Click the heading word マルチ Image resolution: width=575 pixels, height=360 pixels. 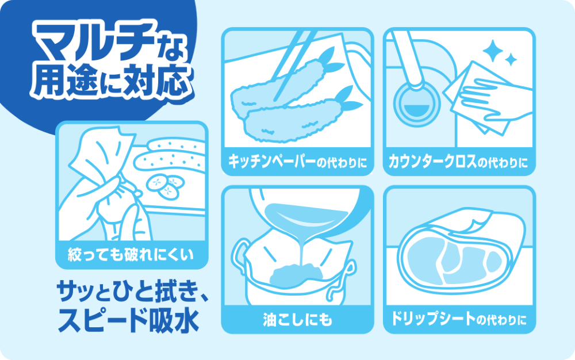[x=94, y=41]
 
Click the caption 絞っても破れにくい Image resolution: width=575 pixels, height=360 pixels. [x=131, y=254]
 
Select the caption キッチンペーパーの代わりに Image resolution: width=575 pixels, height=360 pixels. [x=297, y=161]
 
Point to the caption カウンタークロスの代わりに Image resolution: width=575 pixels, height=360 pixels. [x=458, y=161]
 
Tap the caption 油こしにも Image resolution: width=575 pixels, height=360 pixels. [x=297, y=319]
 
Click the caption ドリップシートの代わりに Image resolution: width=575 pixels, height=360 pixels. [x=459, y=319]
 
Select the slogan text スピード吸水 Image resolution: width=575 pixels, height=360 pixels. [x=129, y=320]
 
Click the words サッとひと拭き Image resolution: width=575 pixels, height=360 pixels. [x=129, y=292]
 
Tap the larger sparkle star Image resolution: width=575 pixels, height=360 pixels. [x=493, y=51]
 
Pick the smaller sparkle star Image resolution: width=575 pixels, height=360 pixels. [x=511, y=59]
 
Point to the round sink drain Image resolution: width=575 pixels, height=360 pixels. [x=416, y=104]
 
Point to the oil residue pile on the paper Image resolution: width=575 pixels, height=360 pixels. [x=296, y=275]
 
